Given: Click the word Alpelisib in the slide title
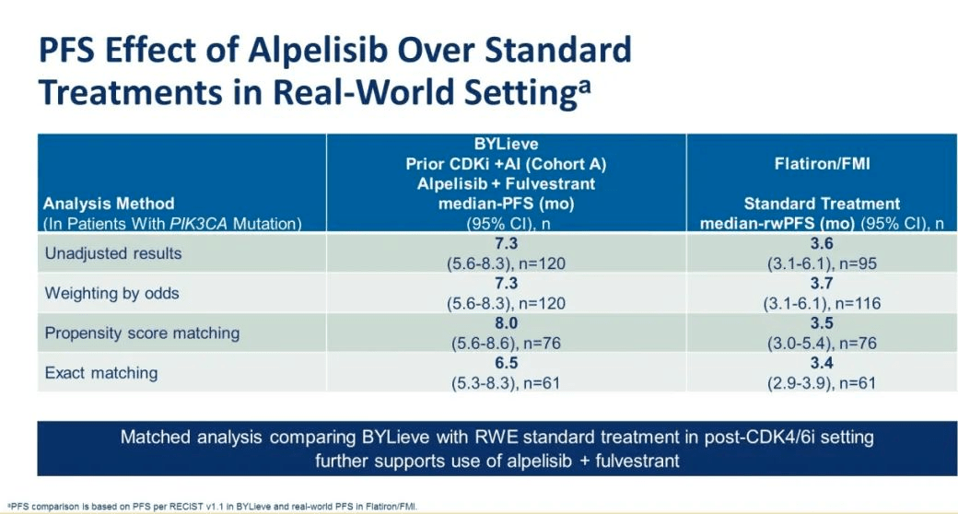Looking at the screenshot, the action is click(318, 50).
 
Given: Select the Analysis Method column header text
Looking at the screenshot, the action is click(109, 204).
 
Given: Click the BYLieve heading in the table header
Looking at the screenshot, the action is click(506, 145).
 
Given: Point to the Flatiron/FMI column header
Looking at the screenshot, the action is click(822, 164).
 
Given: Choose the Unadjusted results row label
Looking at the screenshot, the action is click(113, 253).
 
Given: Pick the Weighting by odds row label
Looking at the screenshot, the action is click(111, 293).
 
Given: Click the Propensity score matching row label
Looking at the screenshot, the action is click(142, 333).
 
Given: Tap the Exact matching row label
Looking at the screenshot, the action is click(100, 373).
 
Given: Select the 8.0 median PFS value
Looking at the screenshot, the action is click(506, 322).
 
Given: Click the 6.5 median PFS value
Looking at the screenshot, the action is click(506, 362).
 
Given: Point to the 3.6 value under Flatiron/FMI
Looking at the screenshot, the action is click(822, 243).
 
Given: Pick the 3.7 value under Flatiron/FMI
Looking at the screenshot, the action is click(822, 283).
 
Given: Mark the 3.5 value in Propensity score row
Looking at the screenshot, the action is click(822, 322).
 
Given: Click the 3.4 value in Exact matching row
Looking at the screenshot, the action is click(822, 362).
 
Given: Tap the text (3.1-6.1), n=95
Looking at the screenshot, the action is click(822, 263).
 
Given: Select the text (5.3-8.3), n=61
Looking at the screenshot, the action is click(506, 383).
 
